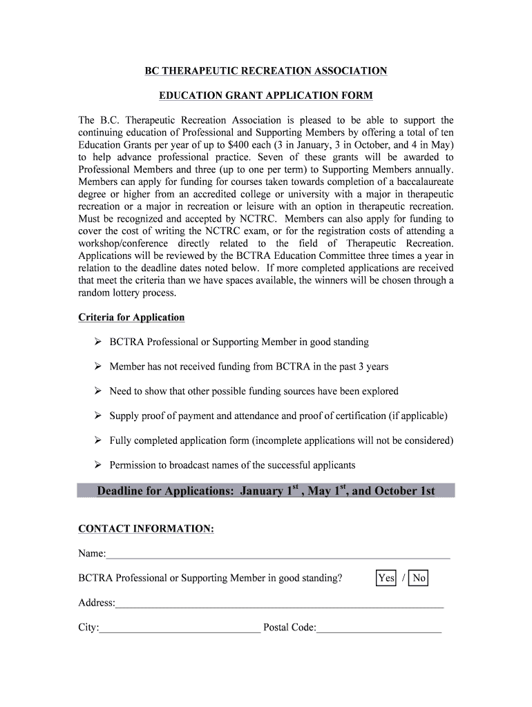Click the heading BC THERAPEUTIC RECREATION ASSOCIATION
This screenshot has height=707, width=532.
coord(266,71)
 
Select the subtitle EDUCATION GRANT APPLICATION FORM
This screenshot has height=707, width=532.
coord(266,95)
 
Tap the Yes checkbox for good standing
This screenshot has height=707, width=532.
coord(386,578)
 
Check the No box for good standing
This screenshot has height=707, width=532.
coord(419,578)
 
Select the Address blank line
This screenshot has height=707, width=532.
coord(279,603)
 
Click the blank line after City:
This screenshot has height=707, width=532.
coord(180,628)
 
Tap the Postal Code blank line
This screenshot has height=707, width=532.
coord(379,628)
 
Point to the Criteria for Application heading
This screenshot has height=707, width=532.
coord(131,318)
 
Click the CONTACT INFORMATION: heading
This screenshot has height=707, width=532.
coord(146,529)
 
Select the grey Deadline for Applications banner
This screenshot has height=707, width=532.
coord(266,491)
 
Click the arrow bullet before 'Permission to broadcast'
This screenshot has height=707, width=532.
coord(97,465)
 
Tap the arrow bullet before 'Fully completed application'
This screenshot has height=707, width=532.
coord(97,440)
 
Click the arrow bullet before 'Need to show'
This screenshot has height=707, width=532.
coord(97,391)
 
